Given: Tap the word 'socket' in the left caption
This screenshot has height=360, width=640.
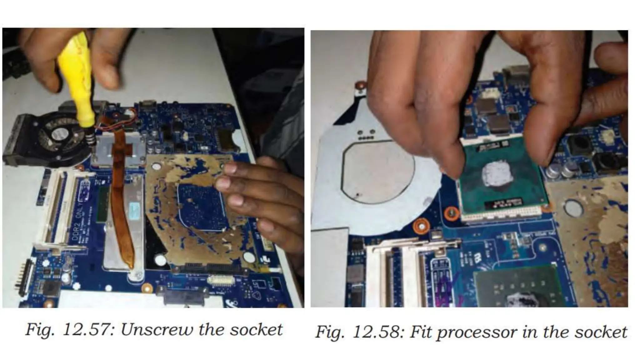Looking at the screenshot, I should click(256, 330).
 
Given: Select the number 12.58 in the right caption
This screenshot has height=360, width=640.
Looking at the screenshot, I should click(378, 332).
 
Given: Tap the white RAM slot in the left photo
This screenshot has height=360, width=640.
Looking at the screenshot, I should click(55, 203).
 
